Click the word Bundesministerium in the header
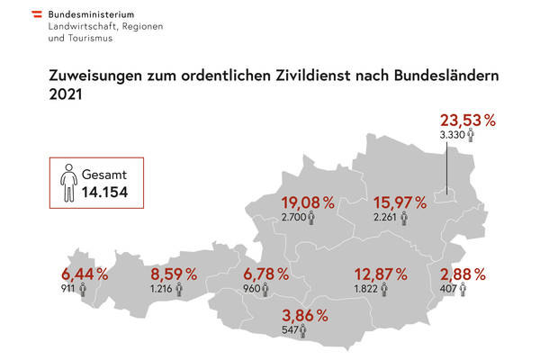click(x=93, y=15)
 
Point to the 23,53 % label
click(x=467, y=120)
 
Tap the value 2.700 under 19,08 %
click(x=293, y=217)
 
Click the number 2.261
click(x=385, y=217)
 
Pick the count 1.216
click(x=163, y=290)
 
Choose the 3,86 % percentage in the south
click(x=304, y=316)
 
